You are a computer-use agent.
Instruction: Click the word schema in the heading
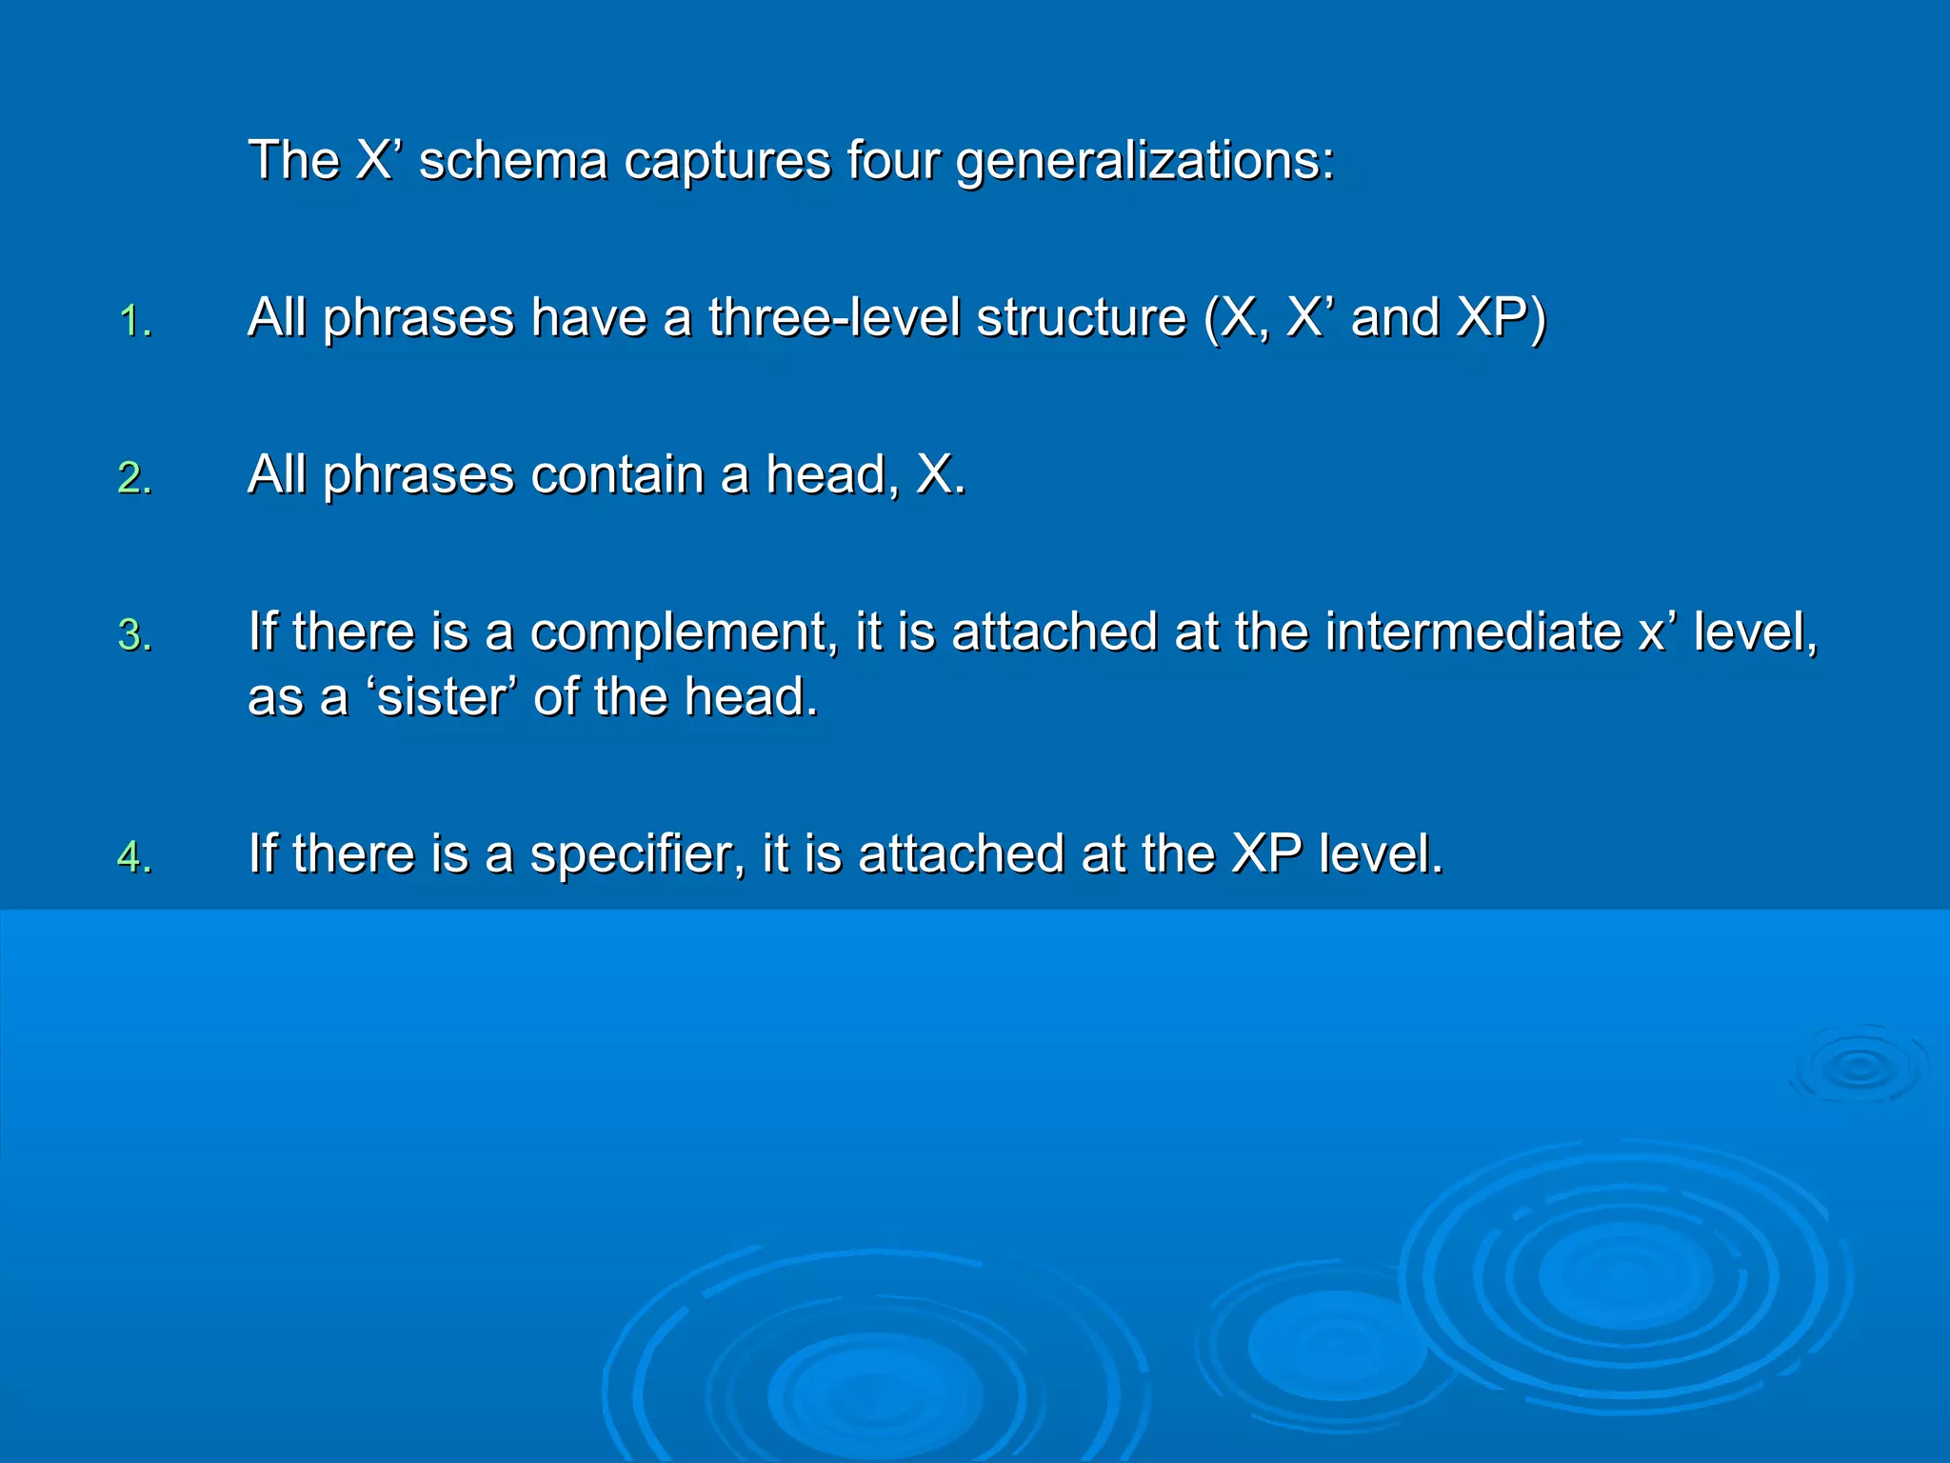point(512,160)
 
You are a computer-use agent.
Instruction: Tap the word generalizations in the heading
point(1144,160)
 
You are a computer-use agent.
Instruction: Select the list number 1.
point(134,322)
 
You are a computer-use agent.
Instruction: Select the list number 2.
point(134,478)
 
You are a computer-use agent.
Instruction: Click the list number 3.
point(134,636)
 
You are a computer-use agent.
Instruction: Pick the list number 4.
point(134,857)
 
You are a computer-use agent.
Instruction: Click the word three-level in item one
point(834,317)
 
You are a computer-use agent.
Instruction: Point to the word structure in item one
point(1082,317)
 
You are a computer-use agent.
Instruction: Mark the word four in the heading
point(892,160)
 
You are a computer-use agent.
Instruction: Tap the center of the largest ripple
point(1625,1276)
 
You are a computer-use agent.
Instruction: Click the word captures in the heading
point(726,160)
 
